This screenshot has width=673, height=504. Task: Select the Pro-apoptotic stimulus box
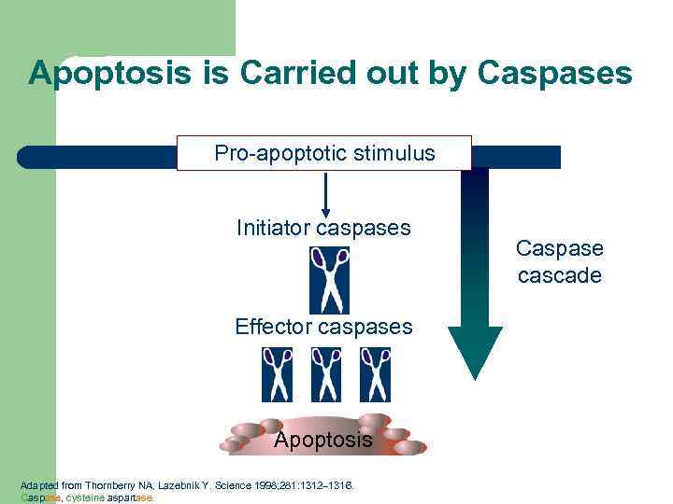[324, 153]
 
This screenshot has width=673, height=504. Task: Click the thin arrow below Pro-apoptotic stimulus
[325, 194]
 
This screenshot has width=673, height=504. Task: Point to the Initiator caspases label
[323, 228]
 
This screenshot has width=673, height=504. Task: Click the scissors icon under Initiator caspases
[329, 280]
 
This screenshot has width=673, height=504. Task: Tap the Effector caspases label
[323, 327]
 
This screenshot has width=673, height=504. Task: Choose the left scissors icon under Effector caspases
[278, 374]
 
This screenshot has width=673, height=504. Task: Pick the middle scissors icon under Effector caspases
[326, 374]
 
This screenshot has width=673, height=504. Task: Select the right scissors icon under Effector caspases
[375, 374]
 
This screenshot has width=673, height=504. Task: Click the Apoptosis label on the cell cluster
[322, 440]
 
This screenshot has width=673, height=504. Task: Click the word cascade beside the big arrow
[559, 276]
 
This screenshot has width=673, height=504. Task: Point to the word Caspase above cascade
[559, 249]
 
